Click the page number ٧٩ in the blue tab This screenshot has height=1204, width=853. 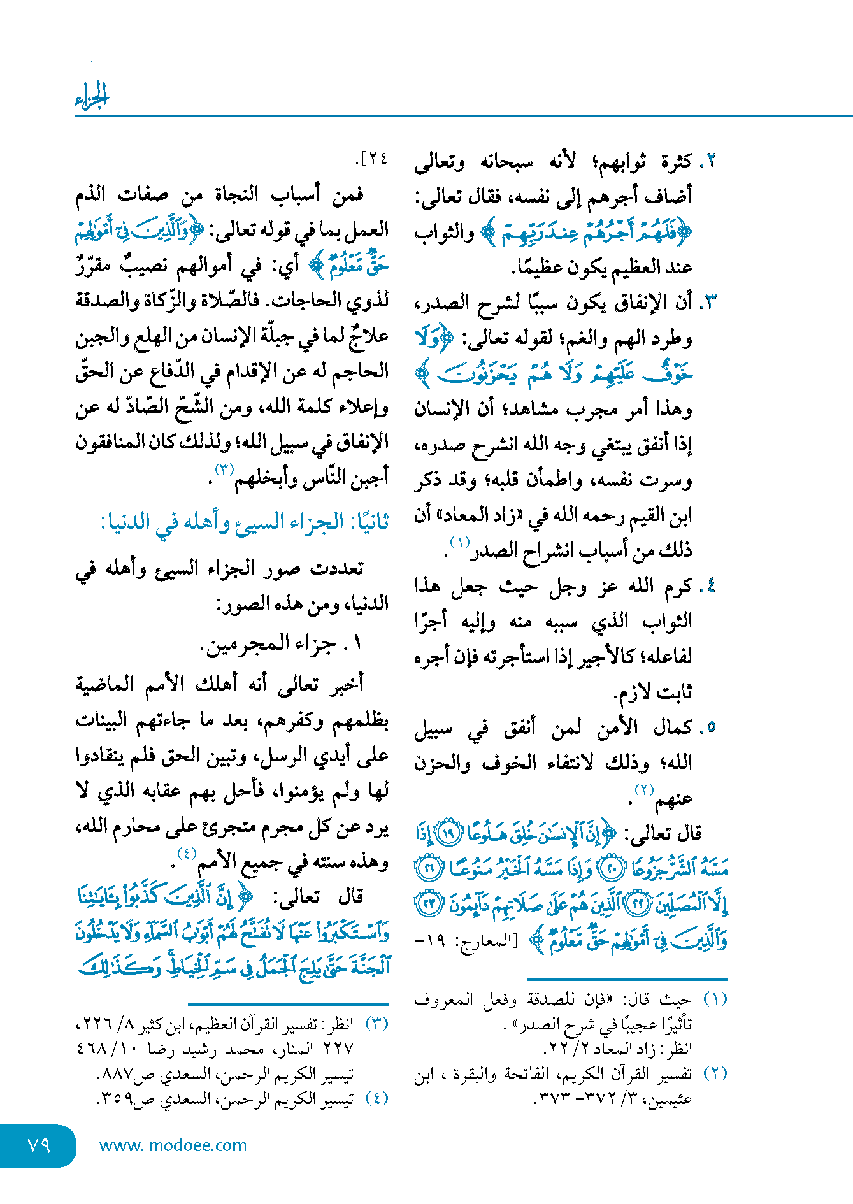coord(39,1145)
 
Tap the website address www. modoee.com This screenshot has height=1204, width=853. coord(173,1145)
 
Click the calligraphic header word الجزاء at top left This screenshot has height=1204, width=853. coord(92,96)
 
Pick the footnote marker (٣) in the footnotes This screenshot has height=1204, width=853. coord(376,1024)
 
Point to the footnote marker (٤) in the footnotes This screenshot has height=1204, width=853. coord(376,1098)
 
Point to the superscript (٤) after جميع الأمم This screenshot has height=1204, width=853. coord(187,854)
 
